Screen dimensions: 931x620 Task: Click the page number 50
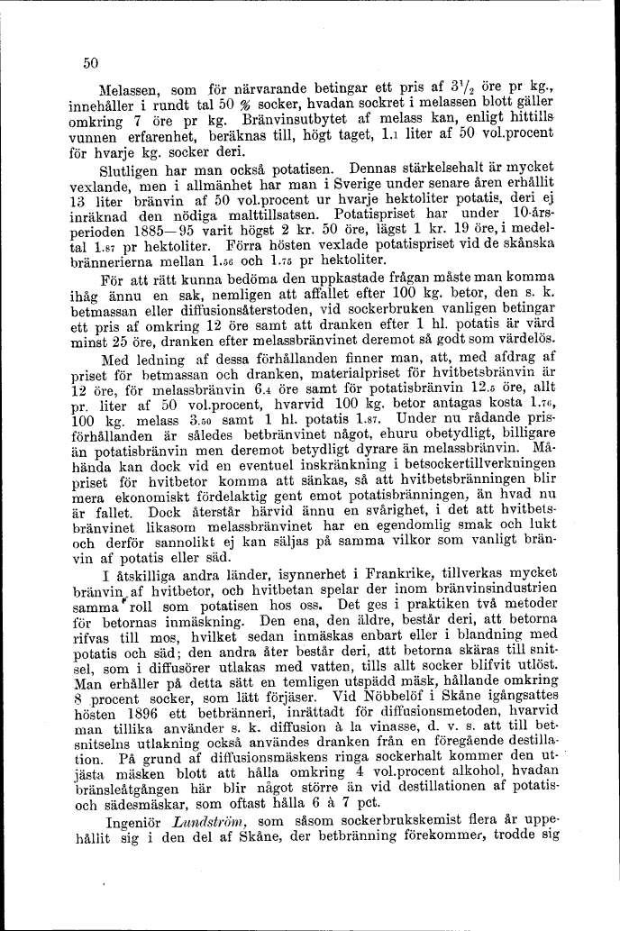(x=89, y=63)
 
